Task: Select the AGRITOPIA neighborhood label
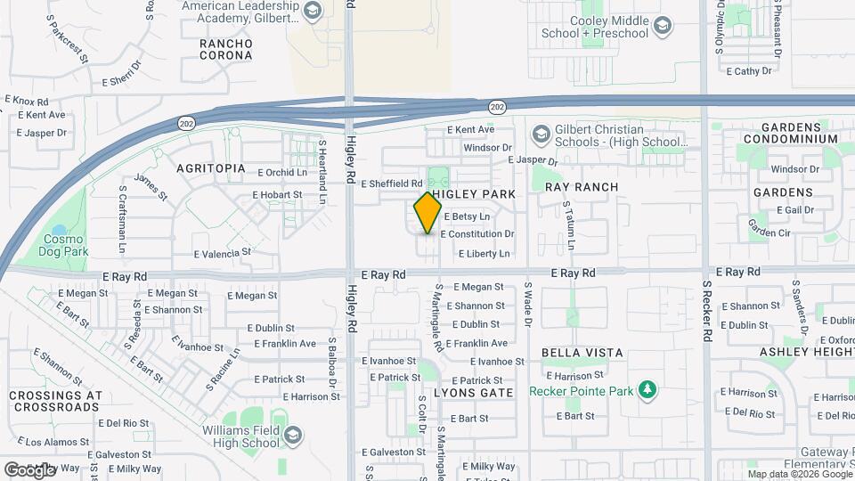(210, 167)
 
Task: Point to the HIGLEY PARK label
(474, 194)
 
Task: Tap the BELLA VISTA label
(583, 353)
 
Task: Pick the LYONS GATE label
(473, 392)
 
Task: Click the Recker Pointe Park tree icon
(648, 390)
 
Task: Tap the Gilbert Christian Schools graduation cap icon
(540, 135)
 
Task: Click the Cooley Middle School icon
(663, 27)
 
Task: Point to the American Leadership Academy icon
(312, 12)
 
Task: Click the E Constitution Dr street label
(476, 234)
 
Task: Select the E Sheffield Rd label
(391, 183)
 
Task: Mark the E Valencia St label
(208, 254)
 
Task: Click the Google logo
(29, 469)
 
